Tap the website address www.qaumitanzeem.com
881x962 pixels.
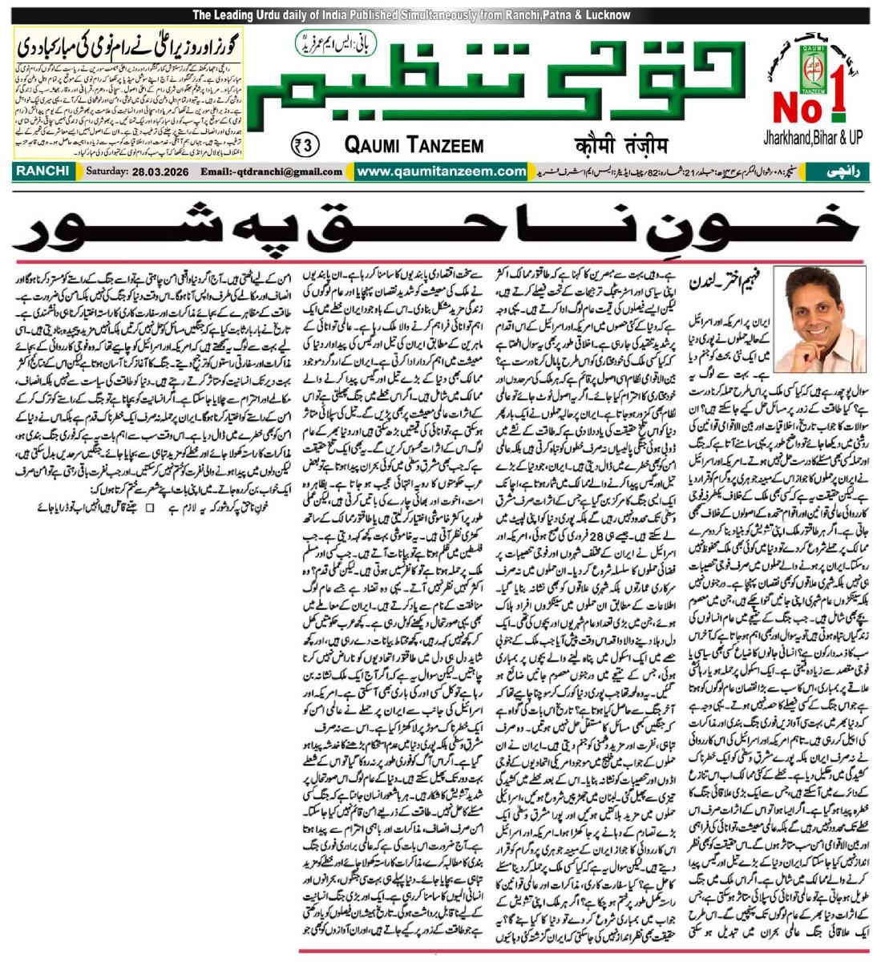(x=441, y=171)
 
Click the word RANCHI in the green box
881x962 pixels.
(x=42, y=171)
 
